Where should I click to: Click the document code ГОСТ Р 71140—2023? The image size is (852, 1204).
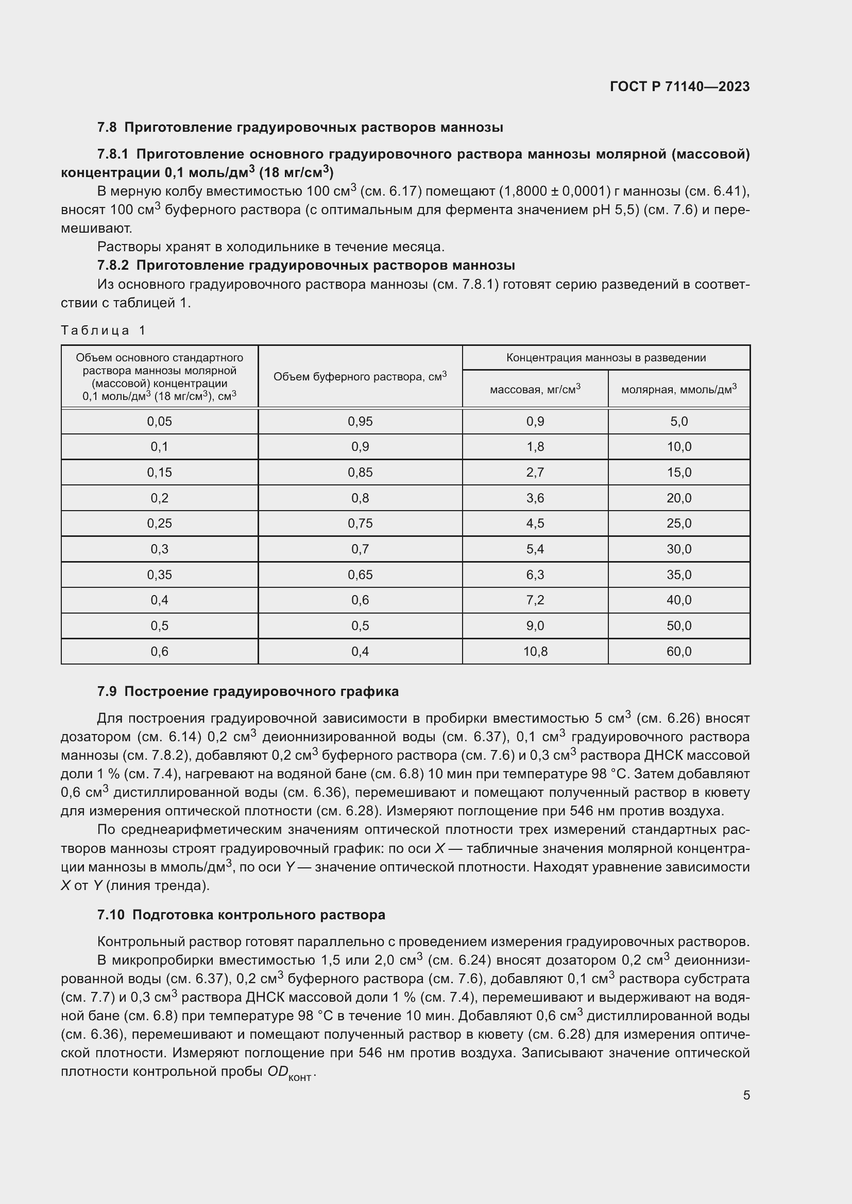tap(680, 86)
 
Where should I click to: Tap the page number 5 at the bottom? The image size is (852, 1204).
tap(746, 1095)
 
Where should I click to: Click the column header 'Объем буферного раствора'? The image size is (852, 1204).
tap(360, 376)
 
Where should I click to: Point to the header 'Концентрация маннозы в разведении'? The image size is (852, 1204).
tap(605, 358)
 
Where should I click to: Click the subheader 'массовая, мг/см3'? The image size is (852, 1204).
tap(535, 390)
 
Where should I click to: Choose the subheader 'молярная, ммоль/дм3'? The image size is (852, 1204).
tap(678, 390)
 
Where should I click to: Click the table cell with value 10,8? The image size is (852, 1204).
tap(535, 651)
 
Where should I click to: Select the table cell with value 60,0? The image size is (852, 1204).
tap(679, 651)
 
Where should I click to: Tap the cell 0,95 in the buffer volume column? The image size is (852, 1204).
tap(360, 422)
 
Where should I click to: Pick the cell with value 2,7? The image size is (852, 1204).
tap(535, 473)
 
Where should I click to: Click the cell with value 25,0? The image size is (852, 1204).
tap(679, 524)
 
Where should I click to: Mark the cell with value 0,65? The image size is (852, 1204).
tap(360, 575)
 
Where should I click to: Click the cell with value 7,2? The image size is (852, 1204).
tap(535, 600)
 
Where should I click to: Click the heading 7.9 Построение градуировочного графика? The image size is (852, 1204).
tap(248, 691)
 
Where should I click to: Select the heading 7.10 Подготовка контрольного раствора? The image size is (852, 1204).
tap(241, 915)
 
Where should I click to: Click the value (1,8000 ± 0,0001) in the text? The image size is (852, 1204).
tap(557, 191)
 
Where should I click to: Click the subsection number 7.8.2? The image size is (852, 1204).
tap(113, 265)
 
